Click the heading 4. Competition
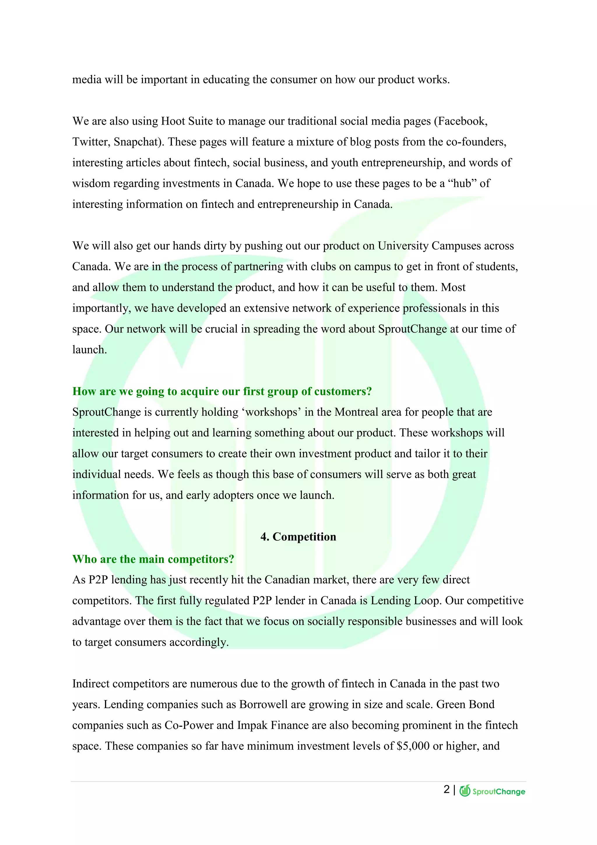pos(298,537)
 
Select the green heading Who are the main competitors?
pos(153,559)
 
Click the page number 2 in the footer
pos(447,790)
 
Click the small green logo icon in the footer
pos(465,790)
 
